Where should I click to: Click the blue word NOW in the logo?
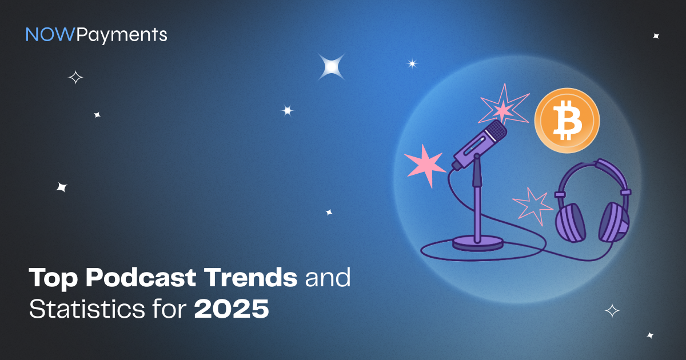click(x=50, y=34)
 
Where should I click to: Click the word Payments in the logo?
click(x=122, y=35)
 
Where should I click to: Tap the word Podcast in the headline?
click(x=141, y=278)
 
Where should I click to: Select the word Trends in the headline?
click(x=250, y=277)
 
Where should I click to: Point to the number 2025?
click(x=232, y=309)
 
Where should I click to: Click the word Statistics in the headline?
click(x=87, y=309)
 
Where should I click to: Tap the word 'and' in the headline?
click(x=328, y=277)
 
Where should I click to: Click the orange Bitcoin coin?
click(x=567, y=121)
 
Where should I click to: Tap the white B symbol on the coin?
click(x=568, y=121)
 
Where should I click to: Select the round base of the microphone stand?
click(x=478, y=243)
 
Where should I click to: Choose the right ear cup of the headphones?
click(x=614, y=222)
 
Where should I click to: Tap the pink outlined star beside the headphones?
click(x=533, y=206)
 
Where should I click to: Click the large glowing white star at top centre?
click(x=332, y=67)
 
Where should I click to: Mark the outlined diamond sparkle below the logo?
click(x=75, y=78)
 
